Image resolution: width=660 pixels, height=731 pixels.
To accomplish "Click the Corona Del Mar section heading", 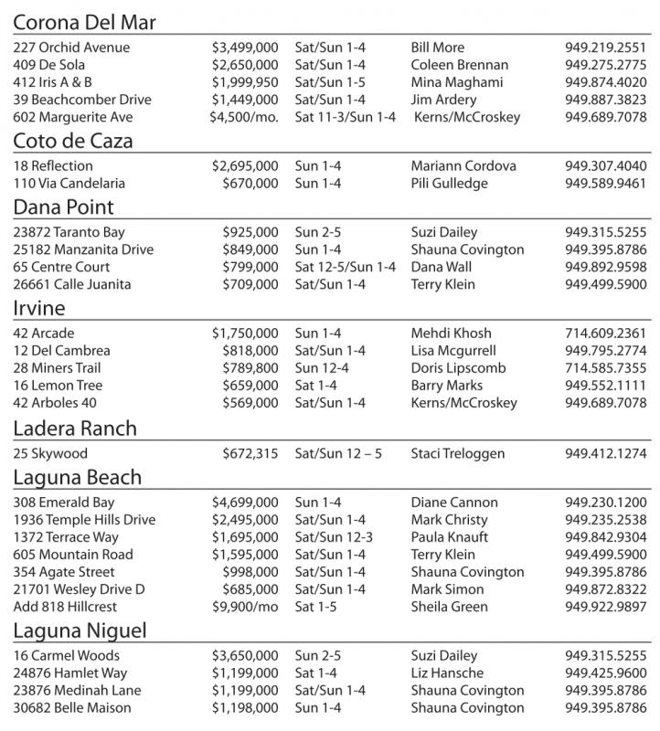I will [85, 21].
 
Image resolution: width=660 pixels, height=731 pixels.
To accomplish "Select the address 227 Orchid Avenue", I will [71, 48].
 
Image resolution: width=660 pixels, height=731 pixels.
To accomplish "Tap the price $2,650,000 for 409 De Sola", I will [245, 65].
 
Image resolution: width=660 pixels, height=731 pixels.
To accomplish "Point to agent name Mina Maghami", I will [455, 82].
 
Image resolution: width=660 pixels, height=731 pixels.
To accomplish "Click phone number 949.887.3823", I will [605, 100].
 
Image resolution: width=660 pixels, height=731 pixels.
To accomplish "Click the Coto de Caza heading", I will [73, 141].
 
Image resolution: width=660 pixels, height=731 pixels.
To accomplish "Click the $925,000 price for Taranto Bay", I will [250, 232].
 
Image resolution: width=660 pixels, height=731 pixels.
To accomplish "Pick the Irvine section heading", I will [39, 308].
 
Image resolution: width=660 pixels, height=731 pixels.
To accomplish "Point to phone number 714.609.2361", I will [605, 334].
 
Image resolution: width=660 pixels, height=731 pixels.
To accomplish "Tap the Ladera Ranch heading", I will [75, 429].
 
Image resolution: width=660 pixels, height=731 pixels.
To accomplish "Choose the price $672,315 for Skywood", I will [250, 453].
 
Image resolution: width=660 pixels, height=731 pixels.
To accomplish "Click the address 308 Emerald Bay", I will [64, 503].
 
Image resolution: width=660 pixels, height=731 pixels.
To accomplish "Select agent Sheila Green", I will [449, 607].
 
